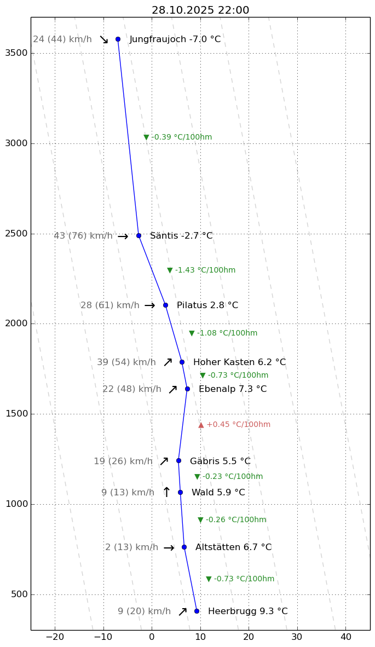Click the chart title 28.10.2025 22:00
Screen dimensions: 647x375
(200, 10)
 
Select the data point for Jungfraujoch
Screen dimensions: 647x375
(118, 39)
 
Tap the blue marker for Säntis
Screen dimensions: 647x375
(139, 235)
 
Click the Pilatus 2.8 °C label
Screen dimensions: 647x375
(207, 305)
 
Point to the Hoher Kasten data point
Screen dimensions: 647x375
(182, 362)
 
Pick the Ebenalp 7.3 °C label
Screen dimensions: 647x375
(232, 389)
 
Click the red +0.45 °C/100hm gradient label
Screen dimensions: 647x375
(234, 425)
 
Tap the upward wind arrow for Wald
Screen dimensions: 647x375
(166, 492)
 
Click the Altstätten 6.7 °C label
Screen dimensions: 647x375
(233, 547)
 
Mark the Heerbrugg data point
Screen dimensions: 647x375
(197, 611)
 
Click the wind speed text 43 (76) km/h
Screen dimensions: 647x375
(83, 236)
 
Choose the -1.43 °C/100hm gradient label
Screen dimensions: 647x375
(201, 270)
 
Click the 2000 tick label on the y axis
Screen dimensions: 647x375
(19, 323)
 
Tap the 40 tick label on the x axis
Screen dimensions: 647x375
(345, 637)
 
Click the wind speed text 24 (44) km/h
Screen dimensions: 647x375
(62, 39)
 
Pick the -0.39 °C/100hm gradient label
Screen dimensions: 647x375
(178, 137)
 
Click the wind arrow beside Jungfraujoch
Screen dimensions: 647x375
(104, 39)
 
